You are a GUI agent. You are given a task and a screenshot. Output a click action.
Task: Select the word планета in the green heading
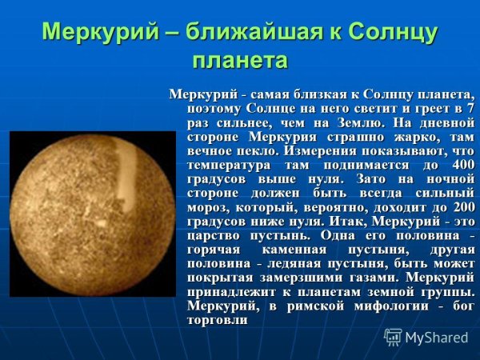[x=240, y=60]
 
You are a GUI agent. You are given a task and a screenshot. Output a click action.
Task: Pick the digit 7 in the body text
[x=470, y=109]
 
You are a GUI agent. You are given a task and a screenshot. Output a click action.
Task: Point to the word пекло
[x=261, y=150]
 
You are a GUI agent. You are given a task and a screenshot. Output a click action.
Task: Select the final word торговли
[x=217, y=318]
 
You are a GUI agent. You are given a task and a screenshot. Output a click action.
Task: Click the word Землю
[x=359, y=122]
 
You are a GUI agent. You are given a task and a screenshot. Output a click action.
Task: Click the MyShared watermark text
[x=436, y=338]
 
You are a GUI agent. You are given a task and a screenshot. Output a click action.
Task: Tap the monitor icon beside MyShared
[x=394, y=337]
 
